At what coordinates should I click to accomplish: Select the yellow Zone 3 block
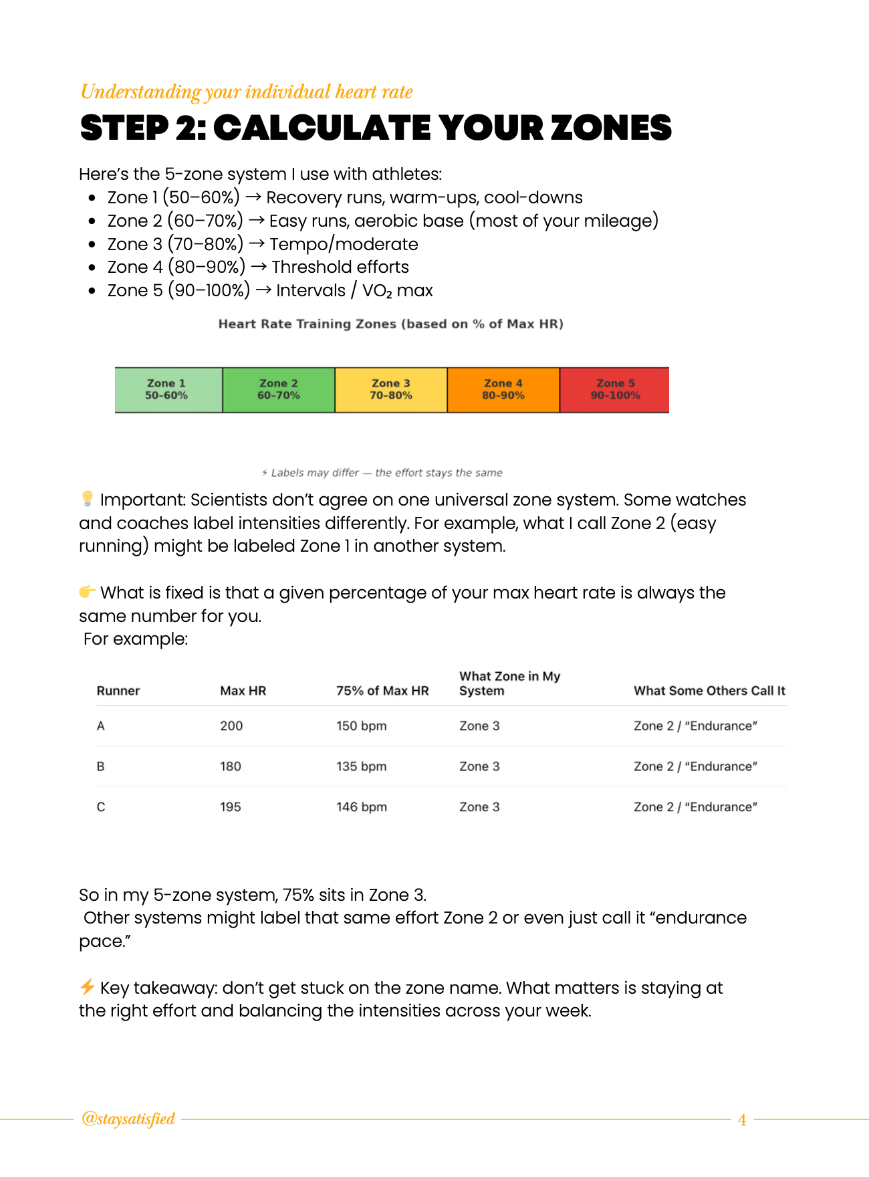[x=391, y=390]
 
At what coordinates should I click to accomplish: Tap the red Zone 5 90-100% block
[x=614, y=390]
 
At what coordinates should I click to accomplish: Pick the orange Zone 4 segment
[x=503, y=390]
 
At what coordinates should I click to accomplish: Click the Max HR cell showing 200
[x=231, y=726]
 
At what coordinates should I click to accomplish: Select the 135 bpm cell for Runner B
[x=361, y=766]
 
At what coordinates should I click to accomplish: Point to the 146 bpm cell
[x=361, y=807]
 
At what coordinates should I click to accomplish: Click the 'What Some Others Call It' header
[x=709, y=691]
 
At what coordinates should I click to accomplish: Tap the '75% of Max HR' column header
[x=382, y=691]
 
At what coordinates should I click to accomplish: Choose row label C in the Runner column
[x=101, y=807]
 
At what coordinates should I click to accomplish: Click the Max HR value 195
[x=231, y=807]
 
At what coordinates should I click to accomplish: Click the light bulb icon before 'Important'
[x=88, y=499]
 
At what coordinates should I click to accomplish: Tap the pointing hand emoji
[x=88, y=592]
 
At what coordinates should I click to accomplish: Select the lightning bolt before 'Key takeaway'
[x=88, y=987]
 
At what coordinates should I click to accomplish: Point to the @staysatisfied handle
[x=128, y=1119]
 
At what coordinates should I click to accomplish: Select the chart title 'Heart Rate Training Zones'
[x=307, y=324]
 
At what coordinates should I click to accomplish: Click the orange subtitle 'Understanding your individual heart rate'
[x=247, y=92]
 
